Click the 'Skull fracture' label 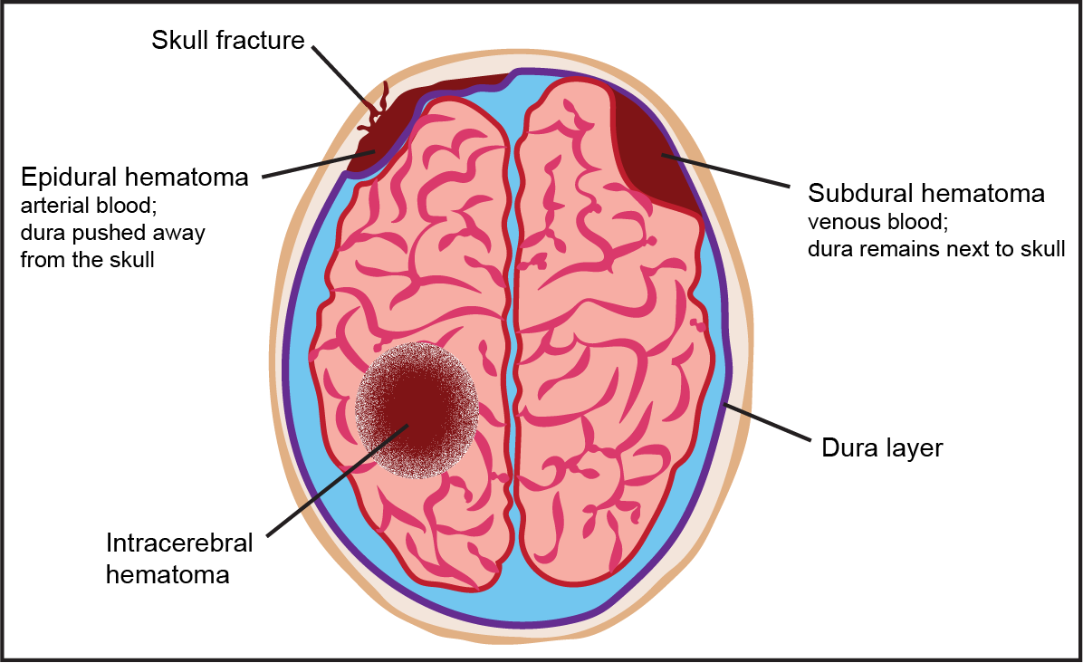pos(227,40)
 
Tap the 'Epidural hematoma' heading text pos(134,177)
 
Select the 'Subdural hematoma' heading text pos(926,193)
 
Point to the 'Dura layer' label pos(882,447)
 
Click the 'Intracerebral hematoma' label pos(179,558)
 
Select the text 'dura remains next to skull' pos(936,249)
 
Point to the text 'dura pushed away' pos(112,233)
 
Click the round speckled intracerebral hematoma pos(417,409)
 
